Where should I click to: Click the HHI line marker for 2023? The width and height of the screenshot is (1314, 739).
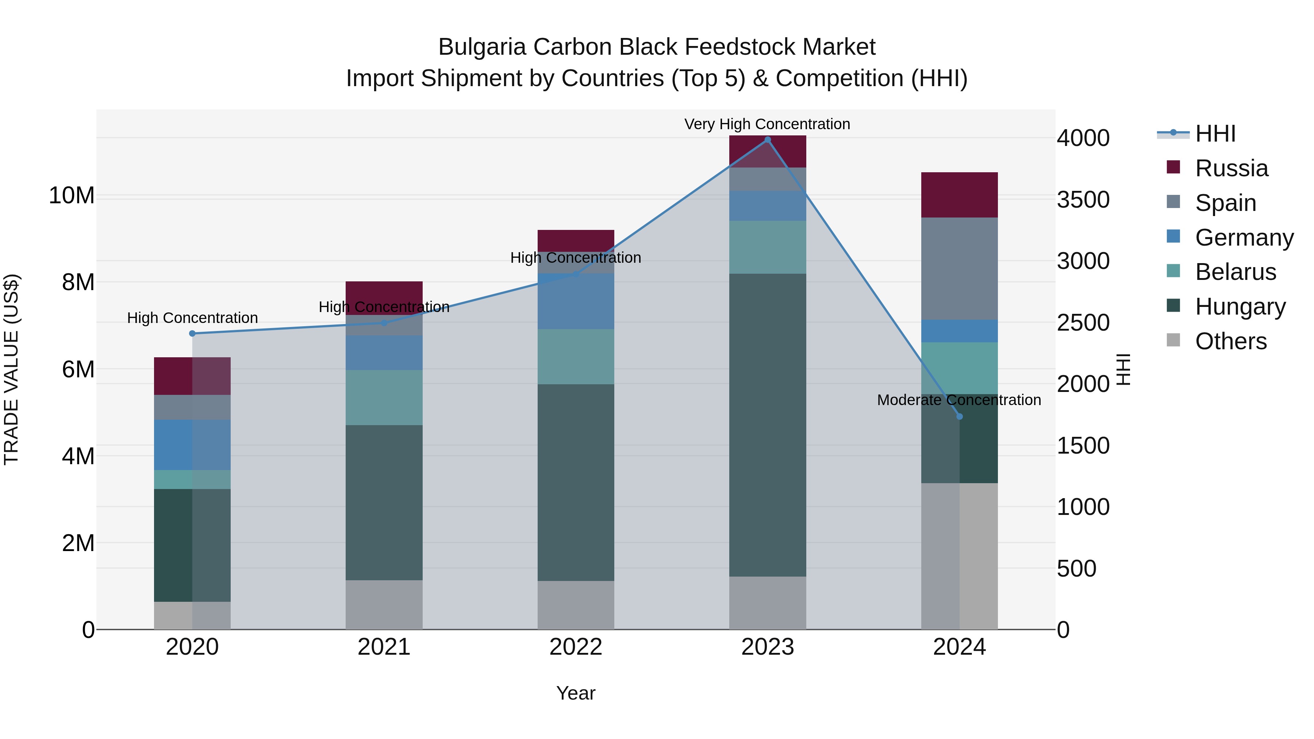click(767, 140)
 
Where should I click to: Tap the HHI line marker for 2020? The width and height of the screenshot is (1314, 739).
click(192, 334)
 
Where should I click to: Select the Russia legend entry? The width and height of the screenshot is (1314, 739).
click(1231, 168)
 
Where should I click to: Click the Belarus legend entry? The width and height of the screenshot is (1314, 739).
click(1235, 272)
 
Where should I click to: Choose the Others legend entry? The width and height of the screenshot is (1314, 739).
click(1230, 341)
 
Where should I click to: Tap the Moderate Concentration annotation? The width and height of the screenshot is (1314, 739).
click(958, 400)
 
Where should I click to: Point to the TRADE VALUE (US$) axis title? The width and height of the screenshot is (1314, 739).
click(11, 369)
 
